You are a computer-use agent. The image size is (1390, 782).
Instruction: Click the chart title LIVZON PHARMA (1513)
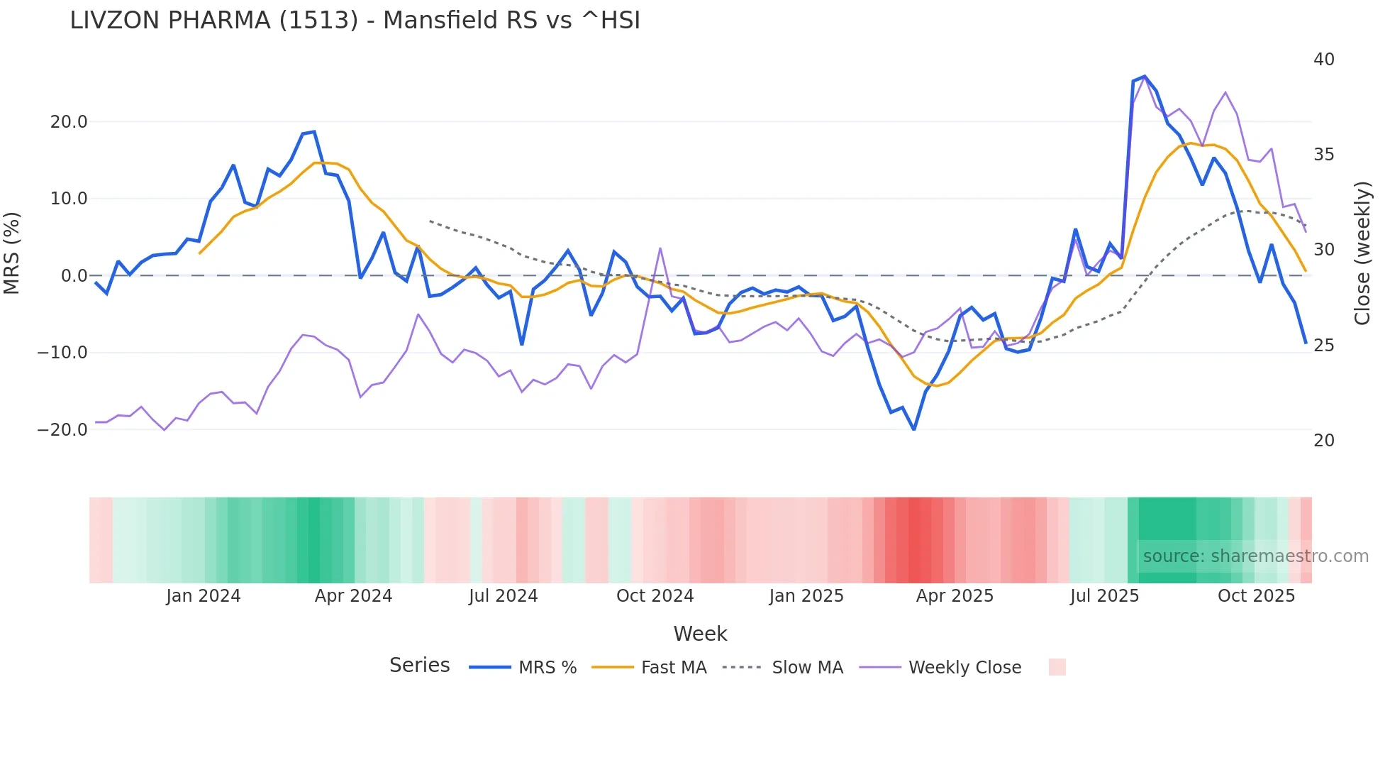coord(355,21)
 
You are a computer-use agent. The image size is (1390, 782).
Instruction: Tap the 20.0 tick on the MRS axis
coord(69,122)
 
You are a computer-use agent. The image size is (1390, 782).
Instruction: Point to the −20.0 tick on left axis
coord(63,430)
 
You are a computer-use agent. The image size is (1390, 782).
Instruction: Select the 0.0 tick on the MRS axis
coord(74,276)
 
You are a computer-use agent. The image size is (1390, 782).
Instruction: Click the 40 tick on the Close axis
coord(1323,60)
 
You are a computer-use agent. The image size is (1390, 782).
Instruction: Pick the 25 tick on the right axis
coord(1323,346)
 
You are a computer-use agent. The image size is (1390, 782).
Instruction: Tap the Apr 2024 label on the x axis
coord(353,596)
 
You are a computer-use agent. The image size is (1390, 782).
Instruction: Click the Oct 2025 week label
coord(1256,596)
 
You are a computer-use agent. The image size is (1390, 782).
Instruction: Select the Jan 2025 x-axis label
coord(806,596)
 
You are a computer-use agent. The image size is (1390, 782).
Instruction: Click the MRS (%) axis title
coord(12,253)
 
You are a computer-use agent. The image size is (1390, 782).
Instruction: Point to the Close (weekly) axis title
coord(1362,253)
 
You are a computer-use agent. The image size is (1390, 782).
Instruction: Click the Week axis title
coord(700,634)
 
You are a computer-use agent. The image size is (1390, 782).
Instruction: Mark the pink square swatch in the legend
coord(1057,667)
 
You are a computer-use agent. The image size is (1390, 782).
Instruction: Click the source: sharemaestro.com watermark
coord(1255,556)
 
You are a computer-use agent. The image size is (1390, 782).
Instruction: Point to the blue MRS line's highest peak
coord(1144,77)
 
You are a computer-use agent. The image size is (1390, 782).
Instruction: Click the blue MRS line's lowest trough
coord(914,429)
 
